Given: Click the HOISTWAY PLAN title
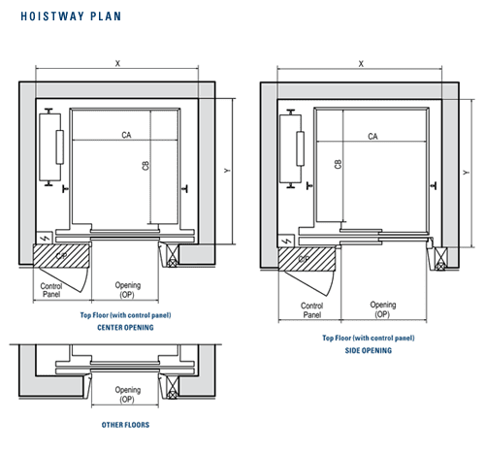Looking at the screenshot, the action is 71,16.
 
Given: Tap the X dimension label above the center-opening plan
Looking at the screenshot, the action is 117,63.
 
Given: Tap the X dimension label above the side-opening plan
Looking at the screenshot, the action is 361,64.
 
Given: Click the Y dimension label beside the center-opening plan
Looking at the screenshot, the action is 227,170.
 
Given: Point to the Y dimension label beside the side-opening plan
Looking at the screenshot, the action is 466,173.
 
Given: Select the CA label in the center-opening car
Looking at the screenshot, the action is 126,135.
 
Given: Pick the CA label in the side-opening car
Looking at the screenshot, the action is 372,136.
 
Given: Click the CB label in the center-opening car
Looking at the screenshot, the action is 145,166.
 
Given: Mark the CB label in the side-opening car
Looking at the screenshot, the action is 338,164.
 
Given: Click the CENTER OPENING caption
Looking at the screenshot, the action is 125,328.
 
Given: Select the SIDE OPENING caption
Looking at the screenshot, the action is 369,350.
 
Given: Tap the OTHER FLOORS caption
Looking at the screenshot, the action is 125,425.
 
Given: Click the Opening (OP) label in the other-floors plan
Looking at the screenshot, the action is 128,395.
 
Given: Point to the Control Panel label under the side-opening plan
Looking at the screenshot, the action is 312,310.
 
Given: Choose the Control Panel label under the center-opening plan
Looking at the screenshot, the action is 51,290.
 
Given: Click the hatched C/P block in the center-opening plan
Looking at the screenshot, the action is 61,256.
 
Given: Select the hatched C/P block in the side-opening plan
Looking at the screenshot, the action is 307,259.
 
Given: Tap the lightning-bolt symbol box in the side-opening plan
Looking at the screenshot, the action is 286,242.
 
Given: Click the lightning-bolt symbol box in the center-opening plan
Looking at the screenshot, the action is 45,239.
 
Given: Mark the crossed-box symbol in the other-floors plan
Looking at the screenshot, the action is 172,386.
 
